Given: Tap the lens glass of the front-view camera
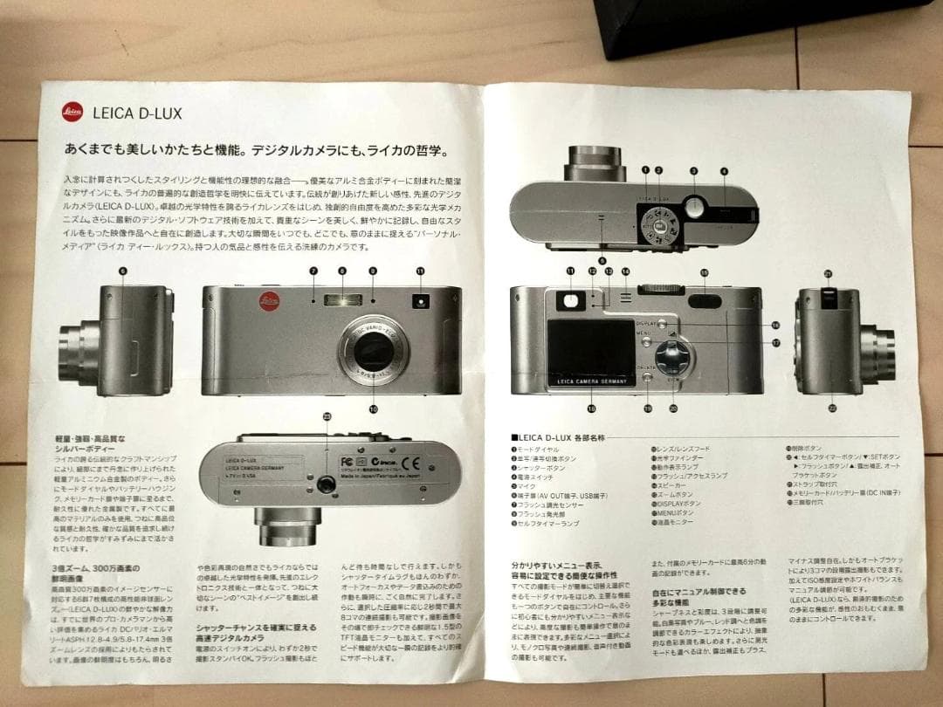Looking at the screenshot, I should [x=375, y=355].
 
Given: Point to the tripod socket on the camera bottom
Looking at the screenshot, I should [x=327, y=484].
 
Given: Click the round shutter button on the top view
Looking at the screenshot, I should [x=695, y=207].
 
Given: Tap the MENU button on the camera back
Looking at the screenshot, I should [x=645, y=334].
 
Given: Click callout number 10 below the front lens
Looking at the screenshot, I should [x=374, y=408].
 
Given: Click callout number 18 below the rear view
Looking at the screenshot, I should [x=591, y=408].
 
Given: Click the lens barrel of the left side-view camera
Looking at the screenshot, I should [x=83, y=347].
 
